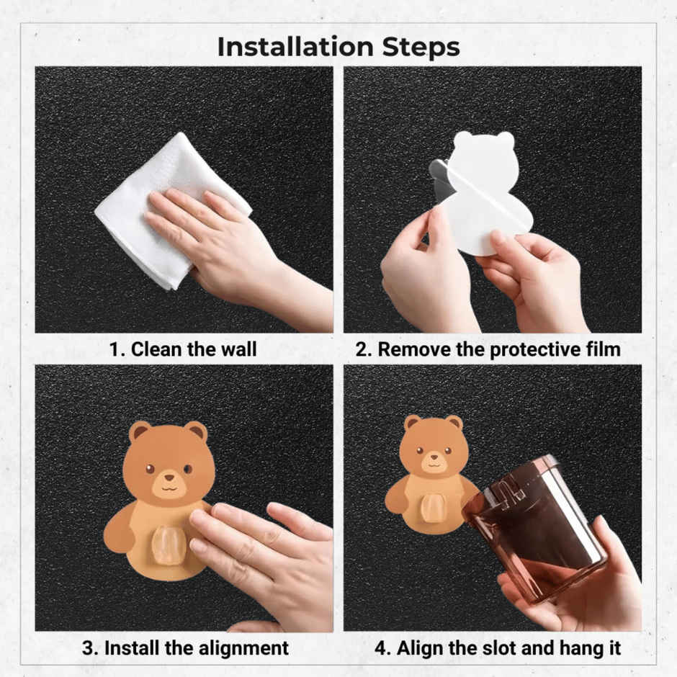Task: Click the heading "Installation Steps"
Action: pyautogui.click(x=338, y=47)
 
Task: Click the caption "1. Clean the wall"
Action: pyautogui.click(x=183, y=349)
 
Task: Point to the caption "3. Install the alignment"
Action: pyautogui.click(x=185, y=648)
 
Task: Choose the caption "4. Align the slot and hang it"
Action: pyautogui.click(x=498, y=648)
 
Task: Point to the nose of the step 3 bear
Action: pyautogui.click(x=169, y=478)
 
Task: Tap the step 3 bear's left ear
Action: pyautogui.click(x=140, y=431)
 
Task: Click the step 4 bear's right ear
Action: pyautogui.click(x=454, y=424)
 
